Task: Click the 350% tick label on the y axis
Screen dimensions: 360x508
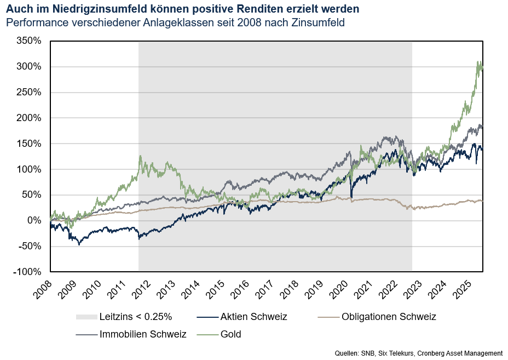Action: click(x=29, y=41)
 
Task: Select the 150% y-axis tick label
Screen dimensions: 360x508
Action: click(x=29, y=144)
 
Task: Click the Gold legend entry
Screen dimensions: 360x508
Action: click(x=231, y=334)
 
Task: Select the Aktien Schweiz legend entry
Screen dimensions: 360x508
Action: click(x=253, y=317)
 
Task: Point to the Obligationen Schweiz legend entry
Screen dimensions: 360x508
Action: click(x=389, y=317)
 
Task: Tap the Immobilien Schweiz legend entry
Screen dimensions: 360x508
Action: click(x=143, y=334)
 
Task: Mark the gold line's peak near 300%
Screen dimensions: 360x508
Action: click(x=479, y=62)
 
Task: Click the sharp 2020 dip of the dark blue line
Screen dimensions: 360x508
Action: click(x=351, y=197)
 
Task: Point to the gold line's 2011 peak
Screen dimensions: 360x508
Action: click(x=140, y=156)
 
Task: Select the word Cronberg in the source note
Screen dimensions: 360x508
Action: click(x=436, y=353)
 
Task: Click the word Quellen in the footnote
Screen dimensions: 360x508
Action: click(x=347, y=353)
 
